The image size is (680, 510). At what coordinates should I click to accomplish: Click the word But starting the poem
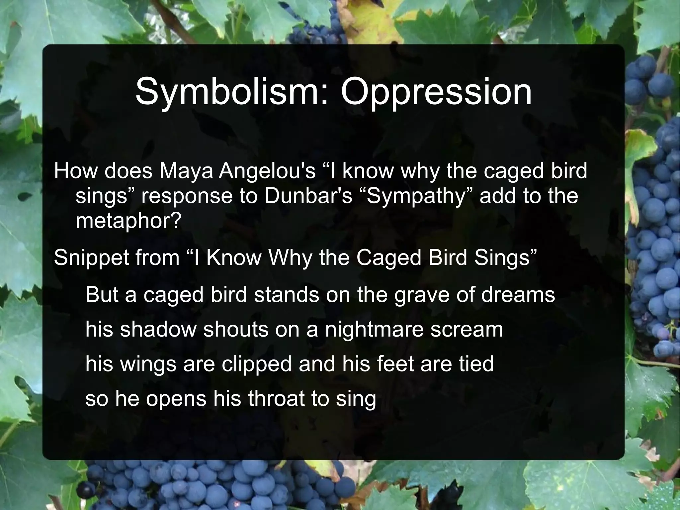coord(102,294)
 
